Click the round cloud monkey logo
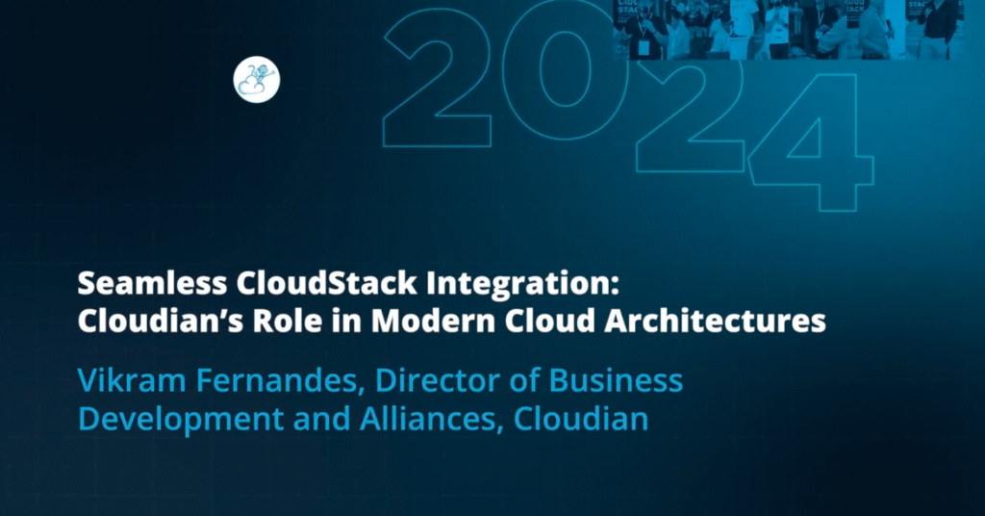tap(257, 81)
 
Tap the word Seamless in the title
tap(152, 283)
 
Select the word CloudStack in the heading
tap(327, 283)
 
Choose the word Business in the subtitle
tap(616, 381)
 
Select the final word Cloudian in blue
tap(581, 419)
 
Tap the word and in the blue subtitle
tap(321, 419)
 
